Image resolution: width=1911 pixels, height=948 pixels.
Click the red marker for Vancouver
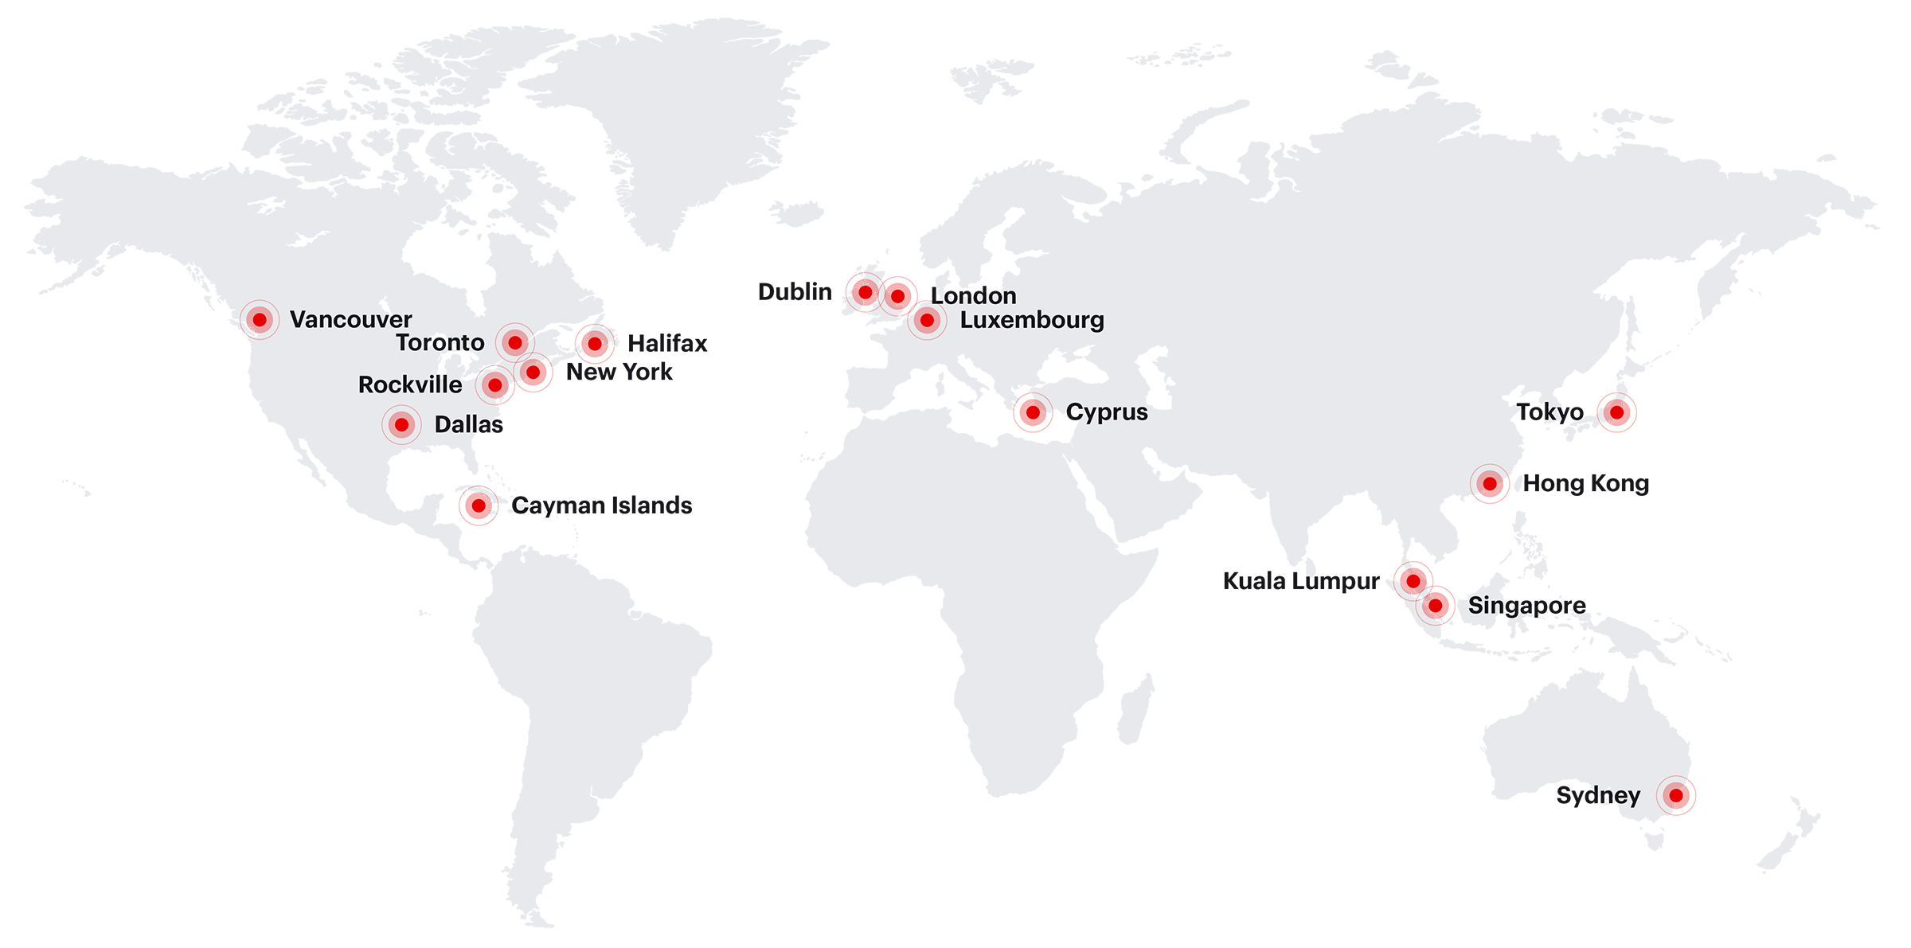tap(260, 320)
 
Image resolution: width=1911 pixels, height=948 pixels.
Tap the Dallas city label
tap(468, 425)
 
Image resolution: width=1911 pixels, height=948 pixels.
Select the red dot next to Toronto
tap(515, 343)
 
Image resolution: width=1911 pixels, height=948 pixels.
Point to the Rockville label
tap(409, 385)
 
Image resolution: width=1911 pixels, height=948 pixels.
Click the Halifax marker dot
tap(594, 344)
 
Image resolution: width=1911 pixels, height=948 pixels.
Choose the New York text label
tap(619, 372)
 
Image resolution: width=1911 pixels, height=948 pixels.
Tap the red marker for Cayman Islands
tap(478, 505)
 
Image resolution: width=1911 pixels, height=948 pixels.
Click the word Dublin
tap(794, 292)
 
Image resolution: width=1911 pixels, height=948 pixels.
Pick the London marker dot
tap(899, 295)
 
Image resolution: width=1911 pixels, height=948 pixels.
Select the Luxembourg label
tap(1032, 321)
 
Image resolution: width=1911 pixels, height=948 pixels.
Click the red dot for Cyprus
tap(1032, 413)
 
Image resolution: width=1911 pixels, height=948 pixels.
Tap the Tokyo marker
tap(1617, 413)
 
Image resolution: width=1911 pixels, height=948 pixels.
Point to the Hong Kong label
tap(1585, 484)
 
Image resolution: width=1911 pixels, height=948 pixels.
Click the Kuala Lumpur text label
tap(1300, 582)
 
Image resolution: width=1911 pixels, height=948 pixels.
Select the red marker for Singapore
tap(1437, 606)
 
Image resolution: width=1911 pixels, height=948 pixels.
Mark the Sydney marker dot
tap(1677, 796)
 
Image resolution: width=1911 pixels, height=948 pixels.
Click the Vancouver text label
tap(350, 320)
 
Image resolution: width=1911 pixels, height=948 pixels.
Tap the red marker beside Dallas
tap(401, 425)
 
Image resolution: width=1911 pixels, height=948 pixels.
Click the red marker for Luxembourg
tap(927, 321)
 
